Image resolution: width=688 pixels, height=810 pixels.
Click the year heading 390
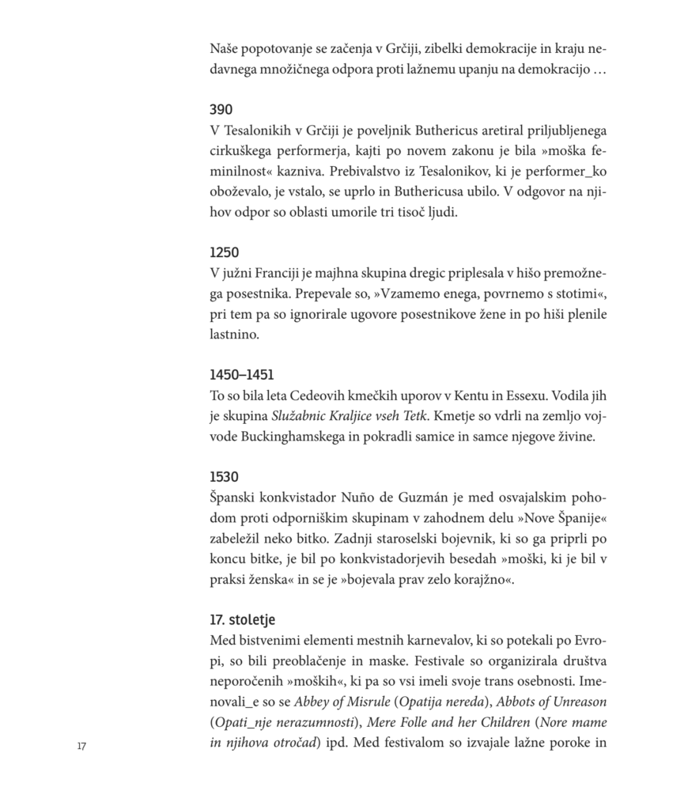coord(221,109)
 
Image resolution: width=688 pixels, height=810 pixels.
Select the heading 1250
coord(225,253)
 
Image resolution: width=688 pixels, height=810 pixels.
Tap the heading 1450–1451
coord(242,374)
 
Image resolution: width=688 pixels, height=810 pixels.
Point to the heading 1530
coord(225,477)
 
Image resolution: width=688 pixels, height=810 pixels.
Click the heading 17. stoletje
coord(243,619)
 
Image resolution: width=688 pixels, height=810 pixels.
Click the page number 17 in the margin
coord(81,746)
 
